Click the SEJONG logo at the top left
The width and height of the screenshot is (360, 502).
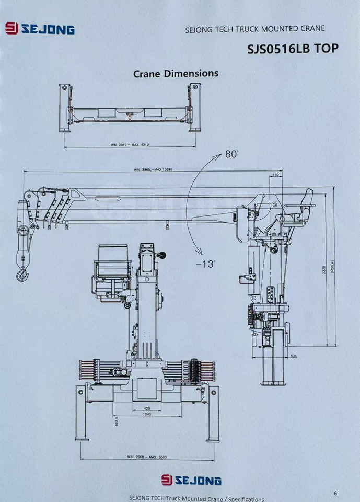(40, 29)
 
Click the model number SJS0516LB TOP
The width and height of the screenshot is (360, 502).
(293, 49)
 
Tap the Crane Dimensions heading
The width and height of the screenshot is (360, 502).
(176, 73)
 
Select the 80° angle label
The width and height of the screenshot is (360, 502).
(231, 154)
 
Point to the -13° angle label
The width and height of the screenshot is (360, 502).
(205, 264)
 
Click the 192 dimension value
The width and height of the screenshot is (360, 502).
(275, 175)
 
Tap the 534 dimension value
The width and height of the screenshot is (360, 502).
(294, 356)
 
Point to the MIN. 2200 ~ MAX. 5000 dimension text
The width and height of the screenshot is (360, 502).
(147, 457)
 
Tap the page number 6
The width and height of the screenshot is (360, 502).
(335, 493)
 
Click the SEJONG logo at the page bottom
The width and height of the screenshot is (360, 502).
(191, 480)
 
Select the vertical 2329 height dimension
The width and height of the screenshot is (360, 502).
(324, 269)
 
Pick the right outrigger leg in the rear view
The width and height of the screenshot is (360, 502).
(213, 413)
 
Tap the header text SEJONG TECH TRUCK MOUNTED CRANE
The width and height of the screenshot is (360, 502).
(255, 29)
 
